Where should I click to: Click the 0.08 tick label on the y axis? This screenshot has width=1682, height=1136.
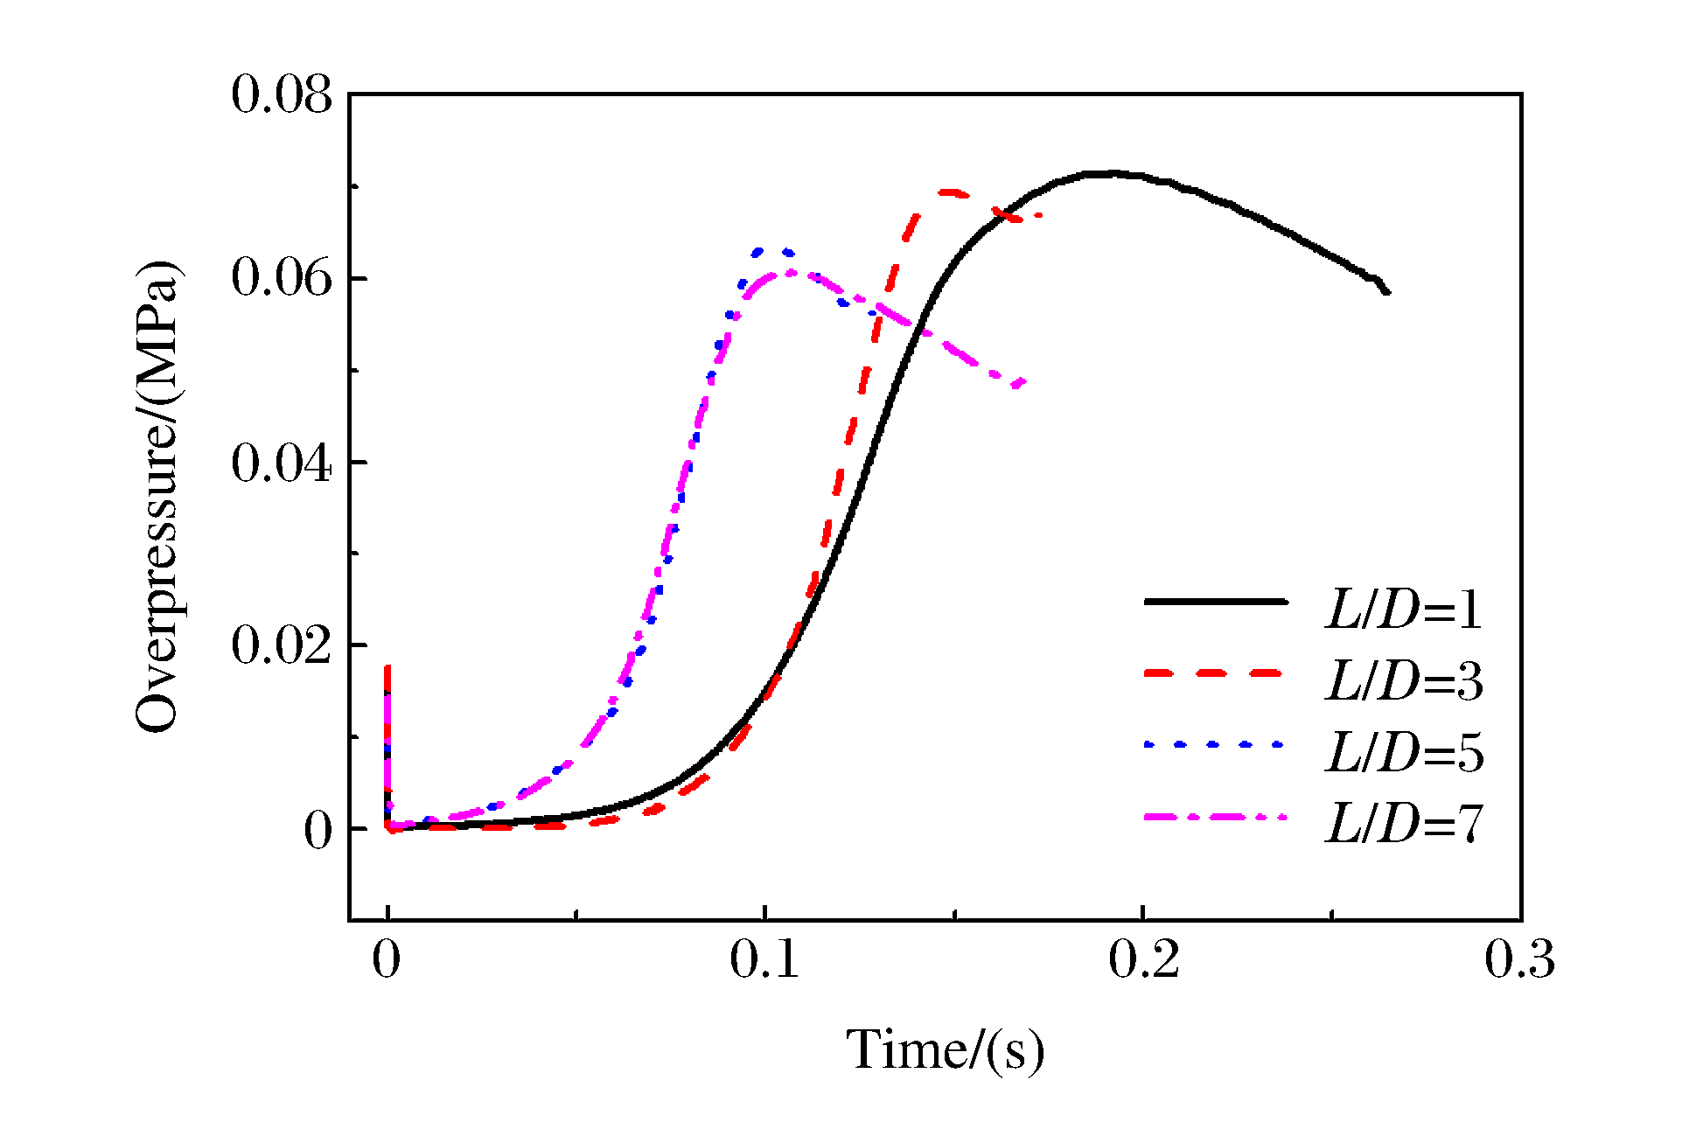click(x=282, y=94)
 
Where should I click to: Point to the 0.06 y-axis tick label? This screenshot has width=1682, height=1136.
click(x=282, y=277)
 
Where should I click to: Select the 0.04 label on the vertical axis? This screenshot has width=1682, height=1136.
click(x=282, y=462)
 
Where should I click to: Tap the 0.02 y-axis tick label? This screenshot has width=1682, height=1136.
click(x=282, y=645)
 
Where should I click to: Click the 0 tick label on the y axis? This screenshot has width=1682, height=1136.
click(x=318, y=830)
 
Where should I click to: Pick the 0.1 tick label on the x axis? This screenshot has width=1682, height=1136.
click(x=764, y=959)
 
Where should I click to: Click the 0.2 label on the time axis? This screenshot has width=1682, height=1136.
click(x=1144, y=959)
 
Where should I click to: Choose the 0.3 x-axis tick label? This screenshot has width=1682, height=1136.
click(x=1520, y=959)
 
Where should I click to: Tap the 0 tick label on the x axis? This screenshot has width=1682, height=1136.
click(x=387, y=959)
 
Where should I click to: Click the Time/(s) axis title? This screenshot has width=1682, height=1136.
click(x=945, y=1049)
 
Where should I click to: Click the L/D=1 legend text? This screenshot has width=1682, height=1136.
click(x=1404, y=610)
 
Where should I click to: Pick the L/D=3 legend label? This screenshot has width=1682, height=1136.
click(x=1404, y=681)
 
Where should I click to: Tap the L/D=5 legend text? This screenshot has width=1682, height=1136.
click(x=1404, y=753)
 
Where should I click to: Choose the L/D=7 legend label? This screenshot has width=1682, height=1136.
click(x=1404, y=824)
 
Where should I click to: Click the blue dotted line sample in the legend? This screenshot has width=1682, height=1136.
click(x=1215, y=744)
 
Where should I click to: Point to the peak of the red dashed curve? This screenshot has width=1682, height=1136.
click(x=949, y=191)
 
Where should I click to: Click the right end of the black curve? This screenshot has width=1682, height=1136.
click(x=1388, y=292)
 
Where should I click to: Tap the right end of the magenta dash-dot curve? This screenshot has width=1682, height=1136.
click(x=1022, y=382)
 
